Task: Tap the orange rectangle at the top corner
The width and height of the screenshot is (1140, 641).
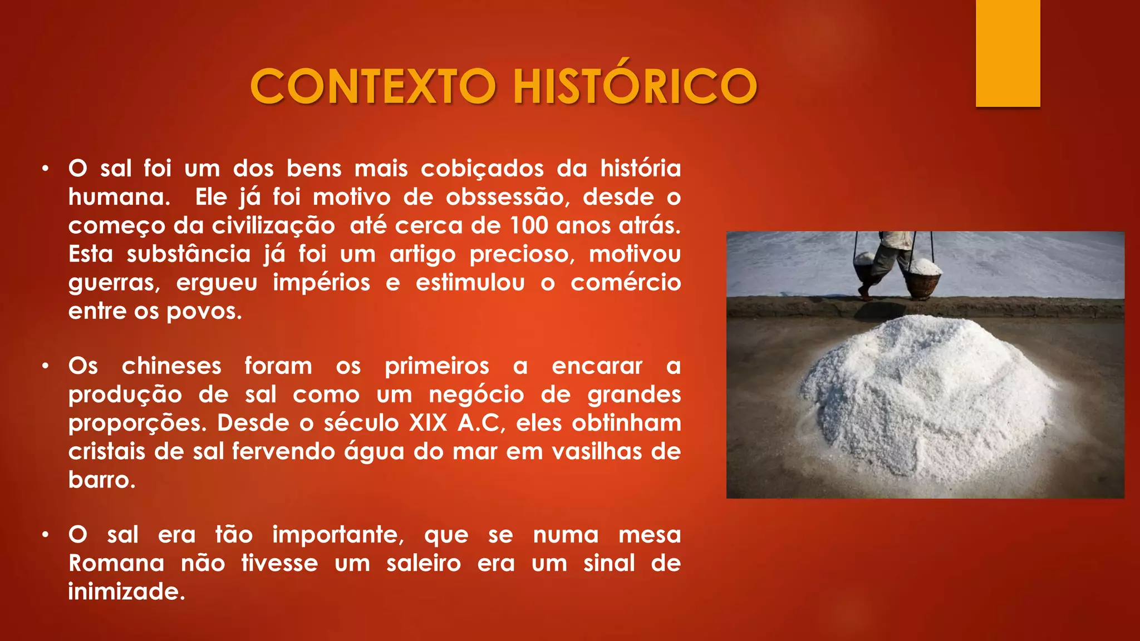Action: click(x=1008, y=53)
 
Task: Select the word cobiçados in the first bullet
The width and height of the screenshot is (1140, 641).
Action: click(x=482, y=169)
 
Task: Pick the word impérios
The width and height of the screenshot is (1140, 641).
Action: click(x=321, y=283)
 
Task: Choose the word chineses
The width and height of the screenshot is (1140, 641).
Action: click(x=171, y=366)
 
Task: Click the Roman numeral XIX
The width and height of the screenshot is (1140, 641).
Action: click(x=428, y=423)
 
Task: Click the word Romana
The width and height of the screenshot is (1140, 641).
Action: click(x=116, y=563)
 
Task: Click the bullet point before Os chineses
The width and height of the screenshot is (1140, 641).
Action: click(x=46, y=366)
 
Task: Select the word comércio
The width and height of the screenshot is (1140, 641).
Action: click(x=625, y=283)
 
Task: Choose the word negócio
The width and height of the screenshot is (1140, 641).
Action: click(x=476, y=395)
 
